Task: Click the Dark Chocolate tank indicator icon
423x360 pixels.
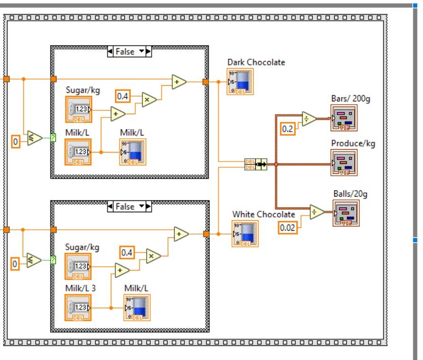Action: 240,81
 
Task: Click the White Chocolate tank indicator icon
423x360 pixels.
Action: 245,234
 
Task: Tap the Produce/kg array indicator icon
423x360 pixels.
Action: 344,163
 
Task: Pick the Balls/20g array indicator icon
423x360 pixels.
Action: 346,213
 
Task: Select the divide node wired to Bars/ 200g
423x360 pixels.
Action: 309,119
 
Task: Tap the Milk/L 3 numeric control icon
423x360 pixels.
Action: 78,307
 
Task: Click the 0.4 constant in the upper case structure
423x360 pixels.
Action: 123,97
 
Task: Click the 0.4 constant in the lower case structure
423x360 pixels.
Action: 127,252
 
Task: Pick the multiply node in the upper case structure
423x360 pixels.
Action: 149,100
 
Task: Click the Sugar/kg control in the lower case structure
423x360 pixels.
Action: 78,266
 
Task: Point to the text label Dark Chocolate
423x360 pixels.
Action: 256,62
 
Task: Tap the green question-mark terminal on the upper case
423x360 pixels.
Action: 53,138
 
